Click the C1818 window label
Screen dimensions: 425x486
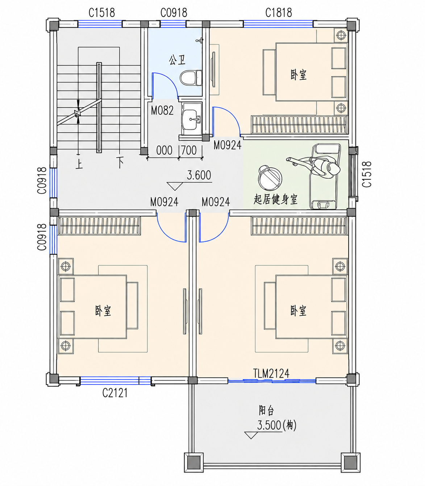[278, 13]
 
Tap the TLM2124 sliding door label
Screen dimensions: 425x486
[271, 373]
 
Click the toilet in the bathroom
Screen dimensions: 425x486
[191, 78]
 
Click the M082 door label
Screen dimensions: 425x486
[162, 111]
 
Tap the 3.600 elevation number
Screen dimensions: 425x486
[199, 175]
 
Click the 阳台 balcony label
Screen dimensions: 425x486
[267, 411]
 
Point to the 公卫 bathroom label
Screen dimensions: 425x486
[177, 60]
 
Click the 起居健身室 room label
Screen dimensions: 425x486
[275, 199]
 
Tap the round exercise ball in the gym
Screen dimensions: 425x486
[270, 178]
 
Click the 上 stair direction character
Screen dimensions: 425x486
[79, 164]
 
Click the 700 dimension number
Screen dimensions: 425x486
[189, 150]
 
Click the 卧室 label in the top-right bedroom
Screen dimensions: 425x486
[299, 75]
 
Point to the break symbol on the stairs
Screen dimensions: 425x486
[78, 113]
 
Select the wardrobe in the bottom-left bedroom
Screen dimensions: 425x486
[99, 226]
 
